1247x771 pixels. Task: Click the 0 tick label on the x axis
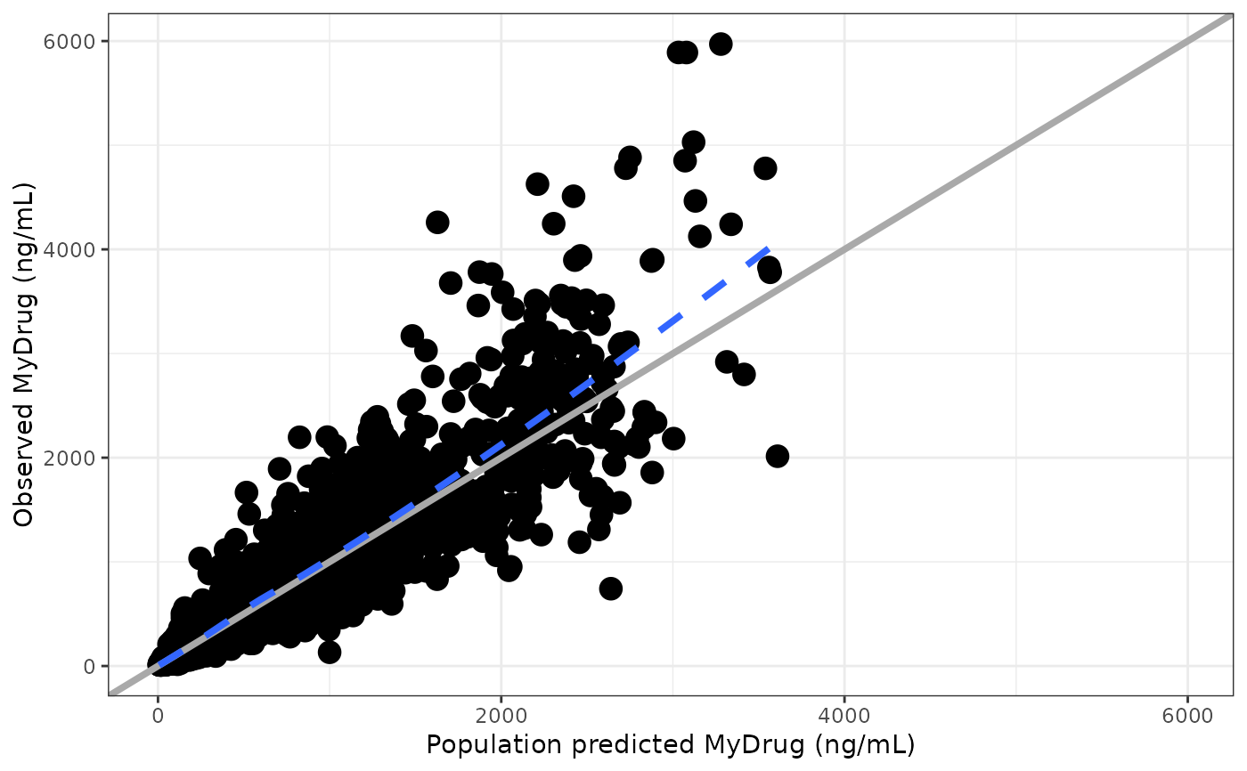pyautogui.click(x=158, y=715)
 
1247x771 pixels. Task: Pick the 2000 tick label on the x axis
pyautogui.click(x=501, y=715)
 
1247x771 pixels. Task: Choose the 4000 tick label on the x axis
pyautogui.click(x=844, y=715)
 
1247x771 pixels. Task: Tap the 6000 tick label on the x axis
pyautogui.click(x=1187, y=715)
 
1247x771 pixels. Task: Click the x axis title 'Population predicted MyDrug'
pyautogui.click(x=671, y=744)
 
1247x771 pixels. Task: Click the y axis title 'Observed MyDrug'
pyautogui.click(x=24, y=353)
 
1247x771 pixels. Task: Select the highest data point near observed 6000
pyautogui.click(x=721, y=44)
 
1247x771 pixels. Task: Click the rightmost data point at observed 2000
pyautogui.click(x=777, y=456)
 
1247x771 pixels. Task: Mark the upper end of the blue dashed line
pyautogui.click(x=768, y=248)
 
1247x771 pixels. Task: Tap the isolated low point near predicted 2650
pyautogui.click(x=610, y=588)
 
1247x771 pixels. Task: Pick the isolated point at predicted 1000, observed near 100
pyautogui.click(x=330, y=653)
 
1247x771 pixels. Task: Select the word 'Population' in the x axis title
pyautogui.click(x=481, y=744)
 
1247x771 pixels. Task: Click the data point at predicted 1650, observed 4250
pyautogui.click(x=437, y=222)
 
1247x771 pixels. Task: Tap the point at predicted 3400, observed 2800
pyautogui.click(x=744, y=374)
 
